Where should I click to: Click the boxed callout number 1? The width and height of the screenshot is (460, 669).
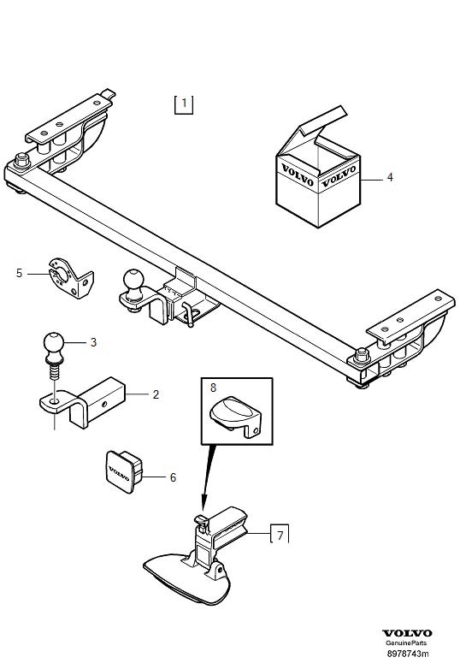click(183, 104)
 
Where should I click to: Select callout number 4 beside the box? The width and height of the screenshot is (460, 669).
click(390, 178)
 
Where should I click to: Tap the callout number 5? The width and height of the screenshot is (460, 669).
click(19, 273)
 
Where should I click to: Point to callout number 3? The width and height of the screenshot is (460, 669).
click(93, 343)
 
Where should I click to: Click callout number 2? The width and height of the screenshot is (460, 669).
click(156, 394)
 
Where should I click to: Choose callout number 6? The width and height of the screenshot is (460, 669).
click(173, 477)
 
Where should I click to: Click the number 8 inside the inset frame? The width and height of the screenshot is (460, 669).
click(214, 388)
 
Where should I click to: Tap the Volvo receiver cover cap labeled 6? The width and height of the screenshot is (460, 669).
click(125, 471)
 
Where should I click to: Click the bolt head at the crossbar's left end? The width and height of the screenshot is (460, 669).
click(21, 158)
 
